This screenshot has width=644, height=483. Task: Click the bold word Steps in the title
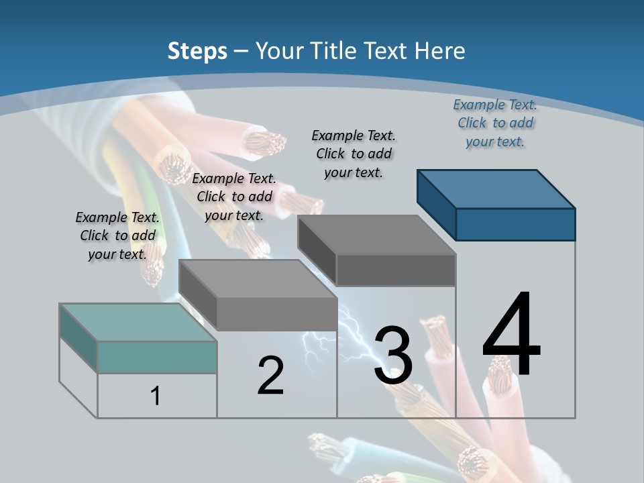point(197,51)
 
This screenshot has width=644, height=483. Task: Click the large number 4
point(511,335)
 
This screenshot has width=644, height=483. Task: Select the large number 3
point(393,356)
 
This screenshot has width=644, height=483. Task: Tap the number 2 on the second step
point(270,376)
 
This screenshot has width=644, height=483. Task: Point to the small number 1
point(156,396)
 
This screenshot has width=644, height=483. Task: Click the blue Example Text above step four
point(495,123)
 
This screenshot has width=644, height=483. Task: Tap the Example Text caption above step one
point(117,235)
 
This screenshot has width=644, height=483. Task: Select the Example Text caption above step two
point(234,197)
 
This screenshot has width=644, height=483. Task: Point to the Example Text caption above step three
point(354,154)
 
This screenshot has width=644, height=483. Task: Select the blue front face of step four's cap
point(515,224)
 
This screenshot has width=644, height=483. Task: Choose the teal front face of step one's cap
point(157,357)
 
